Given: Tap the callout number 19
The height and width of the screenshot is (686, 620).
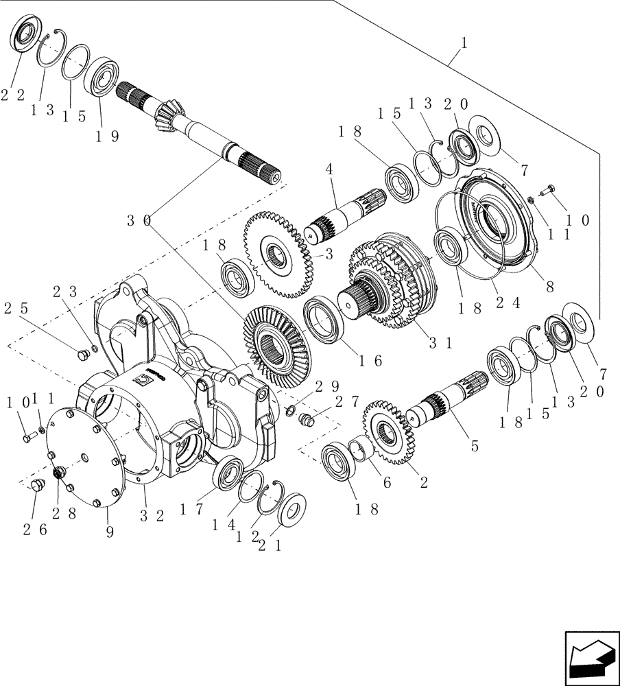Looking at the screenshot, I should [x=106, y=136].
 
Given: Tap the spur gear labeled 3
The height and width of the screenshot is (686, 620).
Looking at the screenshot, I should [x=274, y=254].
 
